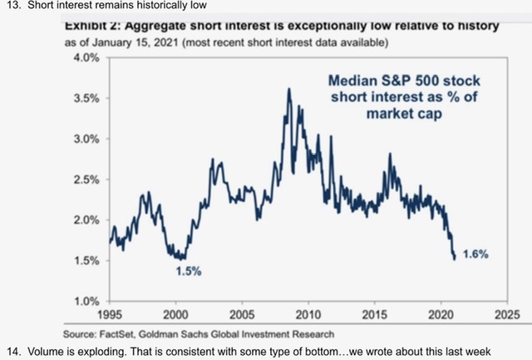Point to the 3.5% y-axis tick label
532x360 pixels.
[85, 99]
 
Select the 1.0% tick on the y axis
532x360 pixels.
[85, 301]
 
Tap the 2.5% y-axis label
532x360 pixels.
[85, 180]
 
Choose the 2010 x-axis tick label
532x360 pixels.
[307, 316]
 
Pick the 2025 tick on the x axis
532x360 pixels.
[503, 316]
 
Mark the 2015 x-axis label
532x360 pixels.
[372, 316]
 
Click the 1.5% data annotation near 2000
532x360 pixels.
[188, 271]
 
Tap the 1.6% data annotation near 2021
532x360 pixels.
[474, 254]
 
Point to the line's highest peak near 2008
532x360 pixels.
[288, 89]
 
